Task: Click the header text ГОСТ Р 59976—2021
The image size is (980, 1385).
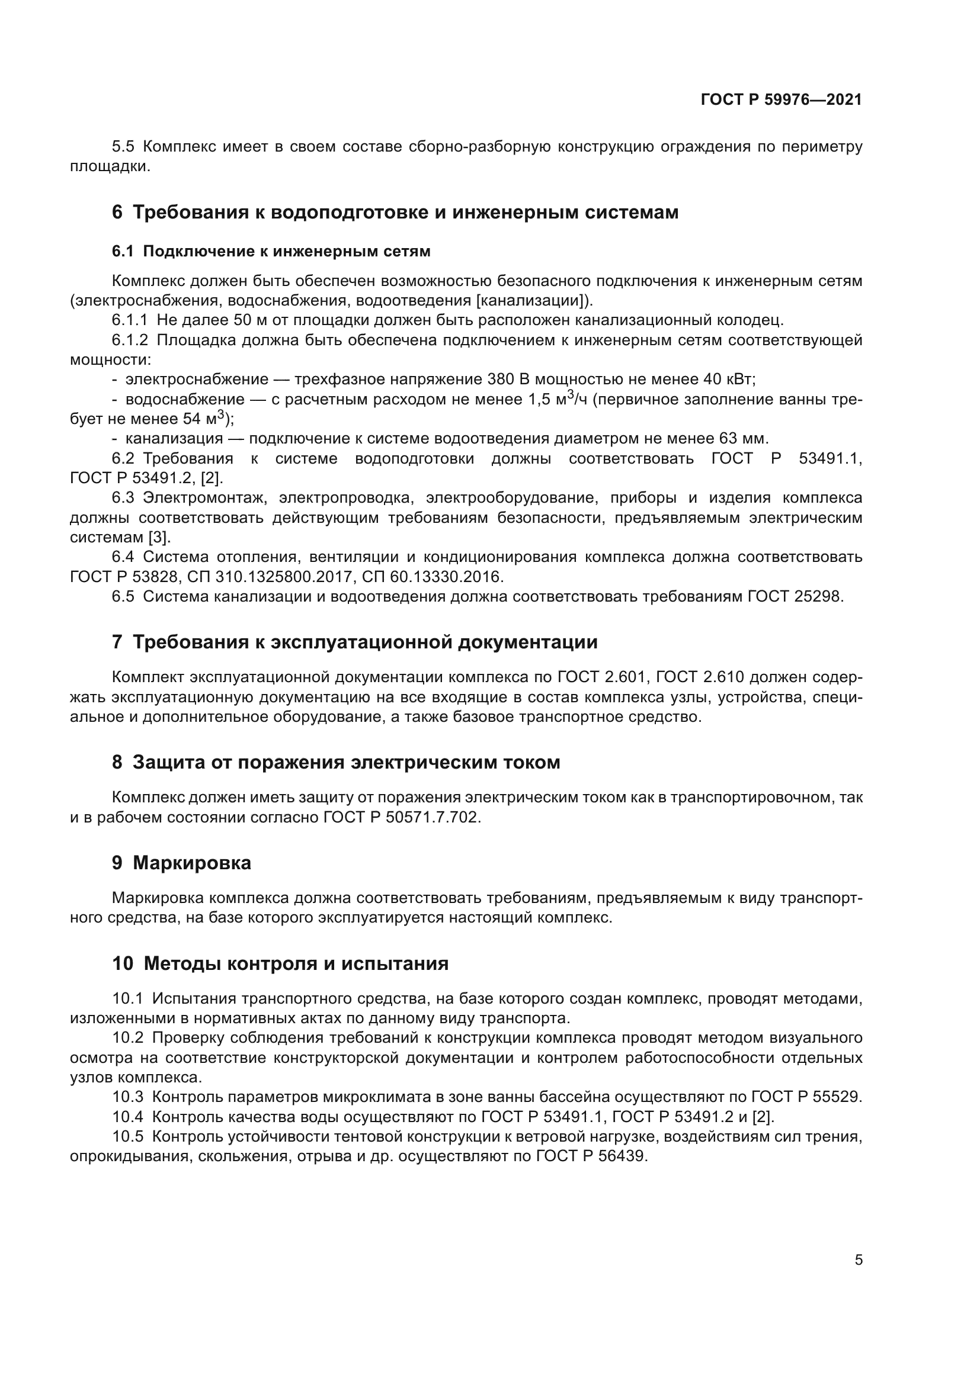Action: pyautogui.click(x=781, y=100)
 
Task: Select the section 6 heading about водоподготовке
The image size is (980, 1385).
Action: pyautogui.click(x=395, y=213)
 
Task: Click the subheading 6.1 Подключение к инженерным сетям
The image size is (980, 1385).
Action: pyautogui.click(x=271, y=252)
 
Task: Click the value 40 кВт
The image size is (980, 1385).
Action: pyautogui.click(x=728, y=380)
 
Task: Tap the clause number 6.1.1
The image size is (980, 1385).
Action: pyautogui.click(x=130, y=320)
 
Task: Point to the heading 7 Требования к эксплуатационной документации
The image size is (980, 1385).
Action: pyautogui.click(x=355, y=642)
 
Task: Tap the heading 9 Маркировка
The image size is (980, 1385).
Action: pyautogui.click(x=182, y=863)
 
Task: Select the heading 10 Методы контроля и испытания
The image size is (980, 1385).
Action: pyautogui.click(x=281, y=963)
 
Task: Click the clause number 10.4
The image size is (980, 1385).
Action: pyautogui.click(x=128, y=1117)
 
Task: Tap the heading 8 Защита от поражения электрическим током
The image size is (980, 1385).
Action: pyautogui.click(x=336, y=763)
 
